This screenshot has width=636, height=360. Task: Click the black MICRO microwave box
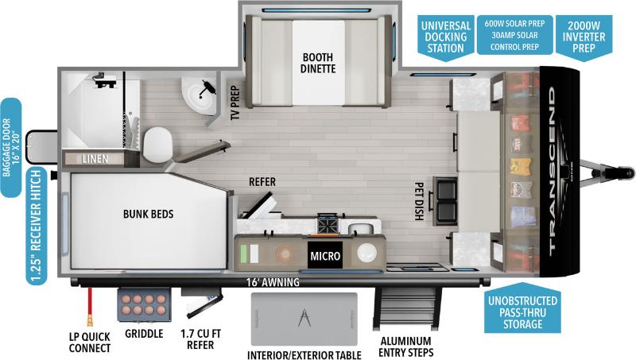(326, 256)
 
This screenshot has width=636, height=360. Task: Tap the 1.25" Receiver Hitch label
(34, 226)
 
